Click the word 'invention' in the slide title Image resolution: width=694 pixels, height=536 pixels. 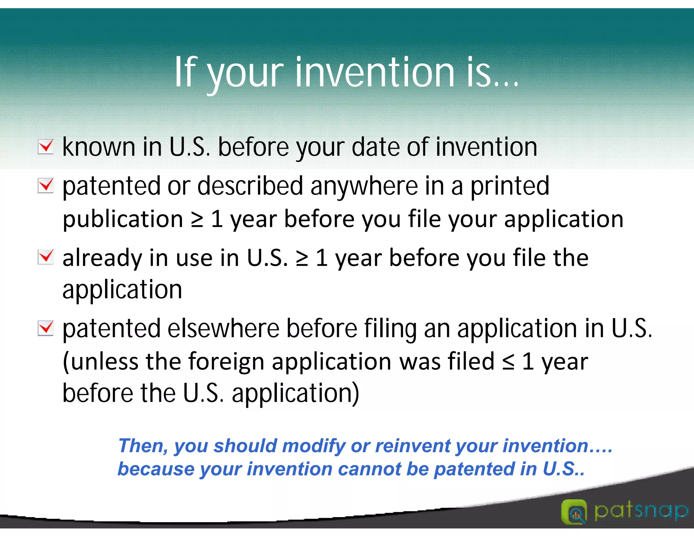pyautogui.click(x=375, y=72)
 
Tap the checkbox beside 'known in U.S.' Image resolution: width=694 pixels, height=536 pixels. pyautogui.click(x=45, y=146)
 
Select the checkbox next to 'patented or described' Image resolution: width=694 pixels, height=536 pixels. pyautogui.click(x=45, y=185)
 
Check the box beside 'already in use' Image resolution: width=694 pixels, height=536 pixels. pyautogui.click(x=45, y=257)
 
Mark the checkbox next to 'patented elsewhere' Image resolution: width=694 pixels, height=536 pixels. pyautogui.click(x=45, y=328)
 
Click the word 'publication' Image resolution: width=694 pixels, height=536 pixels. pyautogui.click(x=123, y=219)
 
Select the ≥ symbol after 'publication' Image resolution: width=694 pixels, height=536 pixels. pyautogui.click(x=197, y=220)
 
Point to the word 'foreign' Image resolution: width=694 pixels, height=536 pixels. pyautogui.click(x=226, y=362)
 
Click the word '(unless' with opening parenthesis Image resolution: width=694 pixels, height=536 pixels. pyautogui.click(x=101, y=362)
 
